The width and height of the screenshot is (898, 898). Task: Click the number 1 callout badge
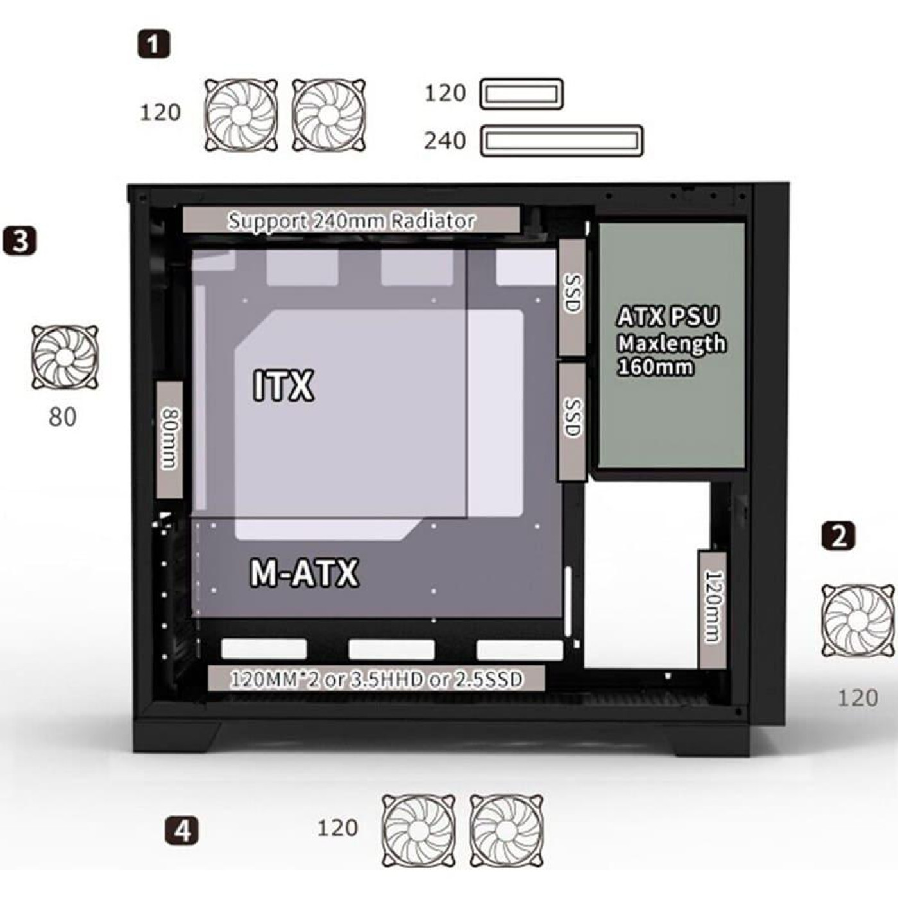pos(154,44)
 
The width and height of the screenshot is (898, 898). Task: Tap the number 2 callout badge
pos(838,536)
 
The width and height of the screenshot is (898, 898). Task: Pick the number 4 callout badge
pos(182,830)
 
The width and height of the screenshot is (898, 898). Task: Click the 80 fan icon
pos(65,357)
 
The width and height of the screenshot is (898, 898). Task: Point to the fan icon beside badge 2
pos(858,620)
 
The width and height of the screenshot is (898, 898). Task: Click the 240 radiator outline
pos(561,140)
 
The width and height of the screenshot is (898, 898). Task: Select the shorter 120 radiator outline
pos(521,94)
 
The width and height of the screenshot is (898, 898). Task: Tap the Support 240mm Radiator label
pos(351,221)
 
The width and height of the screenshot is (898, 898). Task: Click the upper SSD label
pos(572,296)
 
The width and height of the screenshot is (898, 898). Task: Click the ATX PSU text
pos(668,317)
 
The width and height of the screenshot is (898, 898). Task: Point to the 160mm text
pos(655,367)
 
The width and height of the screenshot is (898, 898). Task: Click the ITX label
pos(284,385)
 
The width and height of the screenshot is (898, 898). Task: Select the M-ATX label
pos(304,573)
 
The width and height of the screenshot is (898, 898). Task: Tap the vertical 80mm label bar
pos(169,439)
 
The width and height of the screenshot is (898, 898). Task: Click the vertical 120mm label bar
pos(713,608)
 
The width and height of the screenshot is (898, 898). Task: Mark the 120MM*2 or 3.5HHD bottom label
pos(377,679)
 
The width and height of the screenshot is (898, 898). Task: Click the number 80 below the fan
pos(62,418)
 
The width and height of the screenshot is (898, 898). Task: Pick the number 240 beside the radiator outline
pos(445,140)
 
